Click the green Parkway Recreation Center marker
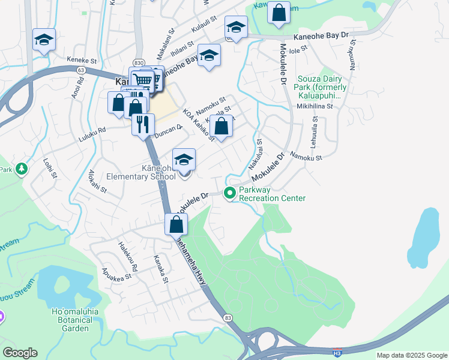(229, 193)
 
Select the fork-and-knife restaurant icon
(143, 125)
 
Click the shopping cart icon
(142, 79)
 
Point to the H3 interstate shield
(338, 352)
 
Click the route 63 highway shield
(80, 70)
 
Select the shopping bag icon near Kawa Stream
(279, 13)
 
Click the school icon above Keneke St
(44, 40)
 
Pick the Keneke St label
(82, 61)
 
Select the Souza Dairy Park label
(319, 87)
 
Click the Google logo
(20, 353)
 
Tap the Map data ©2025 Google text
(411, 355)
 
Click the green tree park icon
(22, 169)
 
